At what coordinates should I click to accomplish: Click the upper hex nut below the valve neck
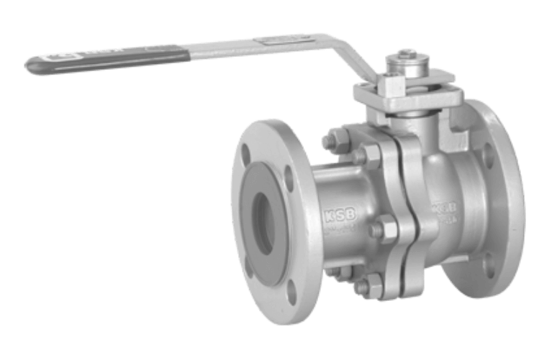pos(371,154)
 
